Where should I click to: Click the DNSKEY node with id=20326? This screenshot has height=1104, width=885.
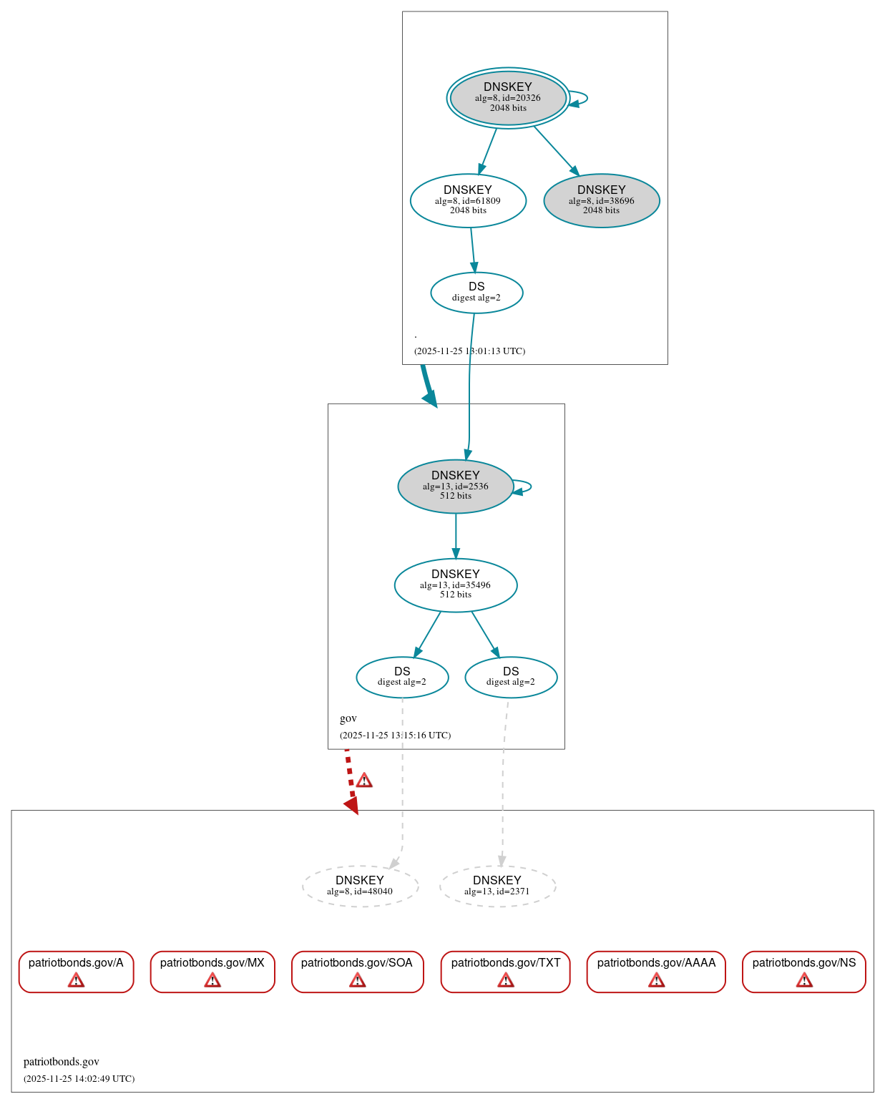508,98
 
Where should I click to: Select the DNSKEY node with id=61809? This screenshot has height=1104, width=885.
468,200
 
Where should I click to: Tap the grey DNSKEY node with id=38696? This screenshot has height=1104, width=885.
602,200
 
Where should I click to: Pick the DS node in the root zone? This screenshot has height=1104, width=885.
476,293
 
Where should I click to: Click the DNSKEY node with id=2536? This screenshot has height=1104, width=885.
456,487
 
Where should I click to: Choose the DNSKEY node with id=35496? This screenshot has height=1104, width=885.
456,585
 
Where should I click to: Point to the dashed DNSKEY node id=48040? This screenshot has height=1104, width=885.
360,886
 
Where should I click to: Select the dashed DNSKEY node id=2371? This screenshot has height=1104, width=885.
497,886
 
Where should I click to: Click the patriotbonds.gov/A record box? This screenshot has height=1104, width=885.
76,971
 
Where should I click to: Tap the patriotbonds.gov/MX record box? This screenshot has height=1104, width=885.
212,971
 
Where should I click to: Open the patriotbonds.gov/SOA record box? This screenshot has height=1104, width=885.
357,971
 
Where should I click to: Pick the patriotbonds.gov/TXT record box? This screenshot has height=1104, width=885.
506,971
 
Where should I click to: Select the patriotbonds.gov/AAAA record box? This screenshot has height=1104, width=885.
656,971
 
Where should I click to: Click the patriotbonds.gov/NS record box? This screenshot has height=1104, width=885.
804,971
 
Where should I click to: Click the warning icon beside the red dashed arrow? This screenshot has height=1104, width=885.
364,780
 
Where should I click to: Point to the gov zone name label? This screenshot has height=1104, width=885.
348,718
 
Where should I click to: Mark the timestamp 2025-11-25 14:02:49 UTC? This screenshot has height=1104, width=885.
79,1078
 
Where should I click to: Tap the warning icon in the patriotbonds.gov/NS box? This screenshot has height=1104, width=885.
804,980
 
